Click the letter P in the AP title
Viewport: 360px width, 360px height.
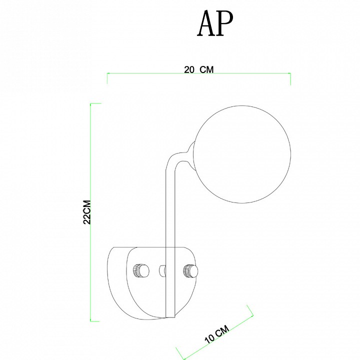point(224,23)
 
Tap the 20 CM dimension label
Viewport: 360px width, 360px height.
point(199,69)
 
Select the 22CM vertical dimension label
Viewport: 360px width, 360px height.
point(87,212)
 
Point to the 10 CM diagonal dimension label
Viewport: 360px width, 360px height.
point(217,334)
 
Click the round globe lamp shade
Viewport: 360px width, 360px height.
point(242,154)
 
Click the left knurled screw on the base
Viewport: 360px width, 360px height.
point(141,270)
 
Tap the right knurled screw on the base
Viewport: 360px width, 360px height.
point(190,271)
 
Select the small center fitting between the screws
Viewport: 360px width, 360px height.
point(162,271)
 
